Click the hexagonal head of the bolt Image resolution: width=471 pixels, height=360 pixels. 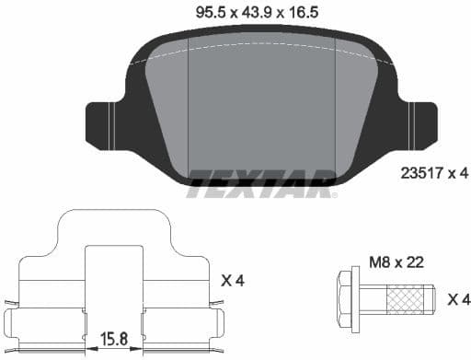348,298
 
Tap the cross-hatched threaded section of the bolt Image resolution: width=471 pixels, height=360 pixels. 408,298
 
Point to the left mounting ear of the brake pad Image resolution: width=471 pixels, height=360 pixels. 102,123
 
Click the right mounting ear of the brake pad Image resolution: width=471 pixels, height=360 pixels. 420,123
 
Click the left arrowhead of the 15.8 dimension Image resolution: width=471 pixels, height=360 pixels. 88,349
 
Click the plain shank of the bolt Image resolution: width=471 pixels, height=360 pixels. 373,298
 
